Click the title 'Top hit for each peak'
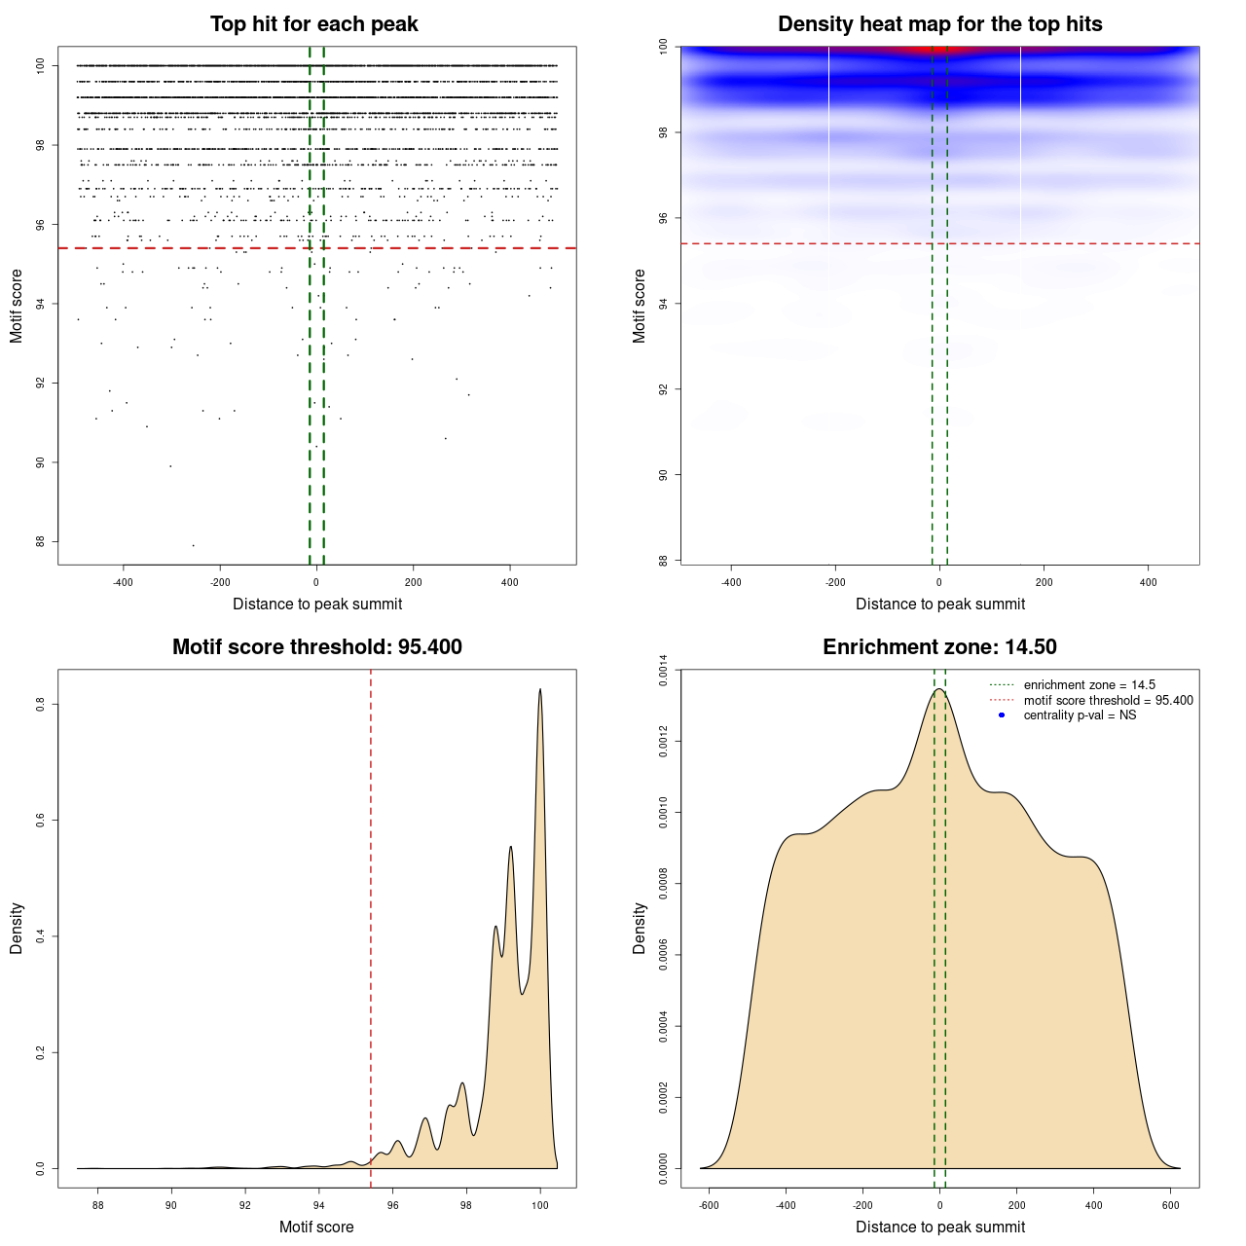coord(314,24)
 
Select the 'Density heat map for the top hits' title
coord(939,24)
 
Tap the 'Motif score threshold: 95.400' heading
coord(316,647)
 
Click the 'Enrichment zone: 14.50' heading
coord(939,647)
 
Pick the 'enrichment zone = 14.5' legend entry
coord(1089,685)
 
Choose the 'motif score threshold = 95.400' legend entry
coord(1108,700)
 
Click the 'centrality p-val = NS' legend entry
coord(1080,715)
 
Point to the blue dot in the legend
coord(1002,715)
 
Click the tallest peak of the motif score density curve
coord(540,690)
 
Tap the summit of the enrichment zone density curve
coord(939,689)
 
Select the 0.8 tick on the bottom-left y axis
coord(40,704)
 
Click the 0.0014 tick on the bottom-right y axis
coord(663,671)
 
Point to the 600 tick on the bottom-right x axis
coord(1171,1205)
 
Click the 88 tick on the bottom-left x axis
coord(98,1205)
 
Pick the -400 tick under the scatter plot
coord(123,582)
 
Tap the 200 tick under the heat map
coord(1044,582)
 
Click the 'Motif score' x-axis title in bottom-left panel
coord(316,1227)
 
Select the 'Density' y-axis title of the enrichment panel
coord(640,928)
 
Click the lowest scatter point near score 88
coord(193,545)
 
